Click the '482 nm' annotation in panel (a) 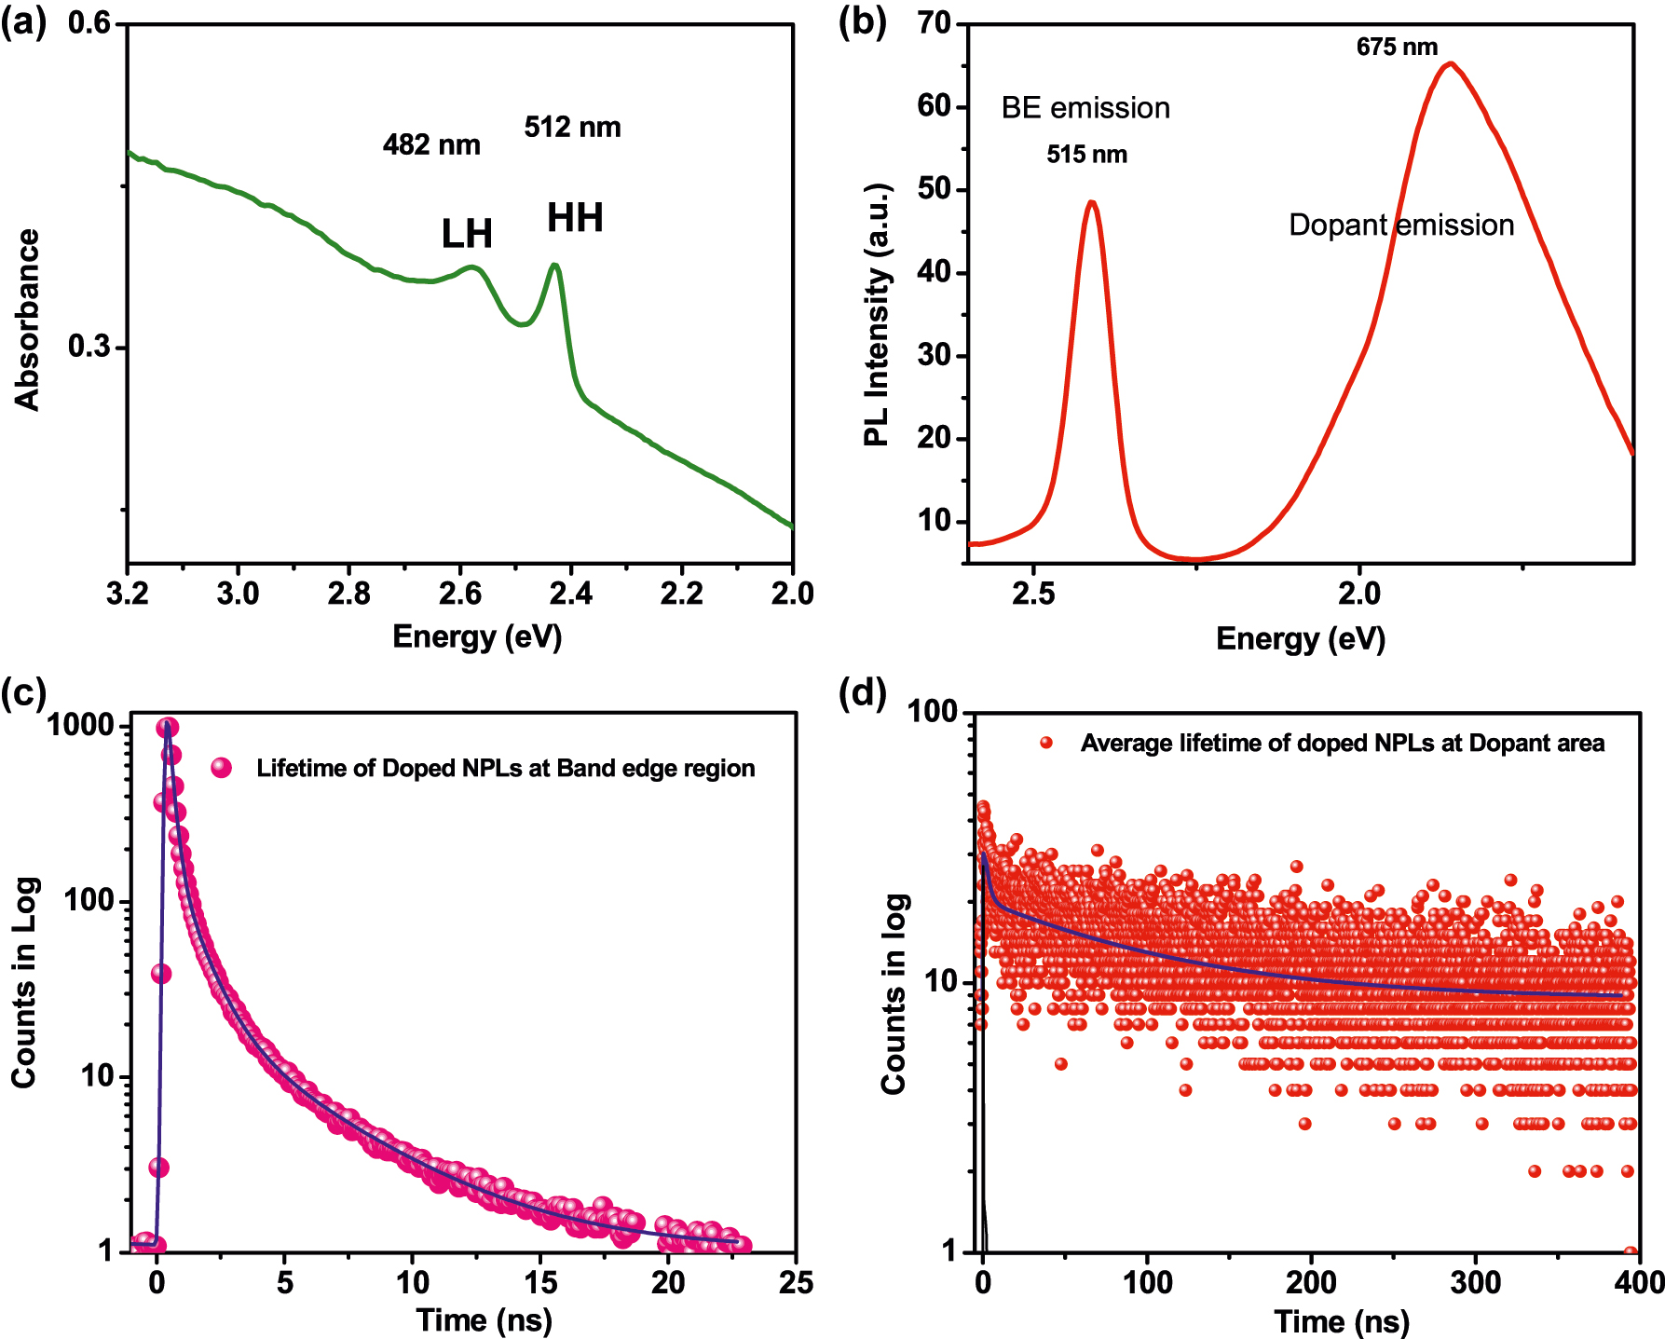(431, 144)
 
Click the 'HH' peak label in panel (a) (575, 218)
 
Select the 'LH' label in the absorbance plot (467, 234)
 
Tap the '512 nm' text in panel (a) (572, 127)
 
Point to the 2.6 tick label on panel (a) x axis (459, 594)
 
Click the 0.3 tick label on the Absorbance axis (89, 347)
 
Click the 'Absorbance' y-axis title (28, 320)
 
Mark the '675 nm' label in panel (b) (1397, 47)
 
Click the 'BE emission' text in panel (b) (1085, 108)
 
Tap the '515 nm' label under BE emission (1086, 155)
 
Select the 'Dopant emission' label (1400, 225)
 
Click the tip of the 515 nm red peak (1092, 201)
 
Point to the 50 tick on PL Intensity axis (934, 189)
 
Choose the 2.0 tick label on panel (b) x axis (1358, 594)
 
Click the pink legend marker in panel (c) (221, 768)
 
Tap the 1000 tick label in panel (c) (80, 725)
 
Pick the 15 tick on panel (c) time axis (540, 1283)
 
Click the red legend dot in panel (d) (1046, 743)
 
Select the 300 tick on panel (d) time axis (1476, 1283)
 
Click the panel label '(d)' (862, 694)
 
